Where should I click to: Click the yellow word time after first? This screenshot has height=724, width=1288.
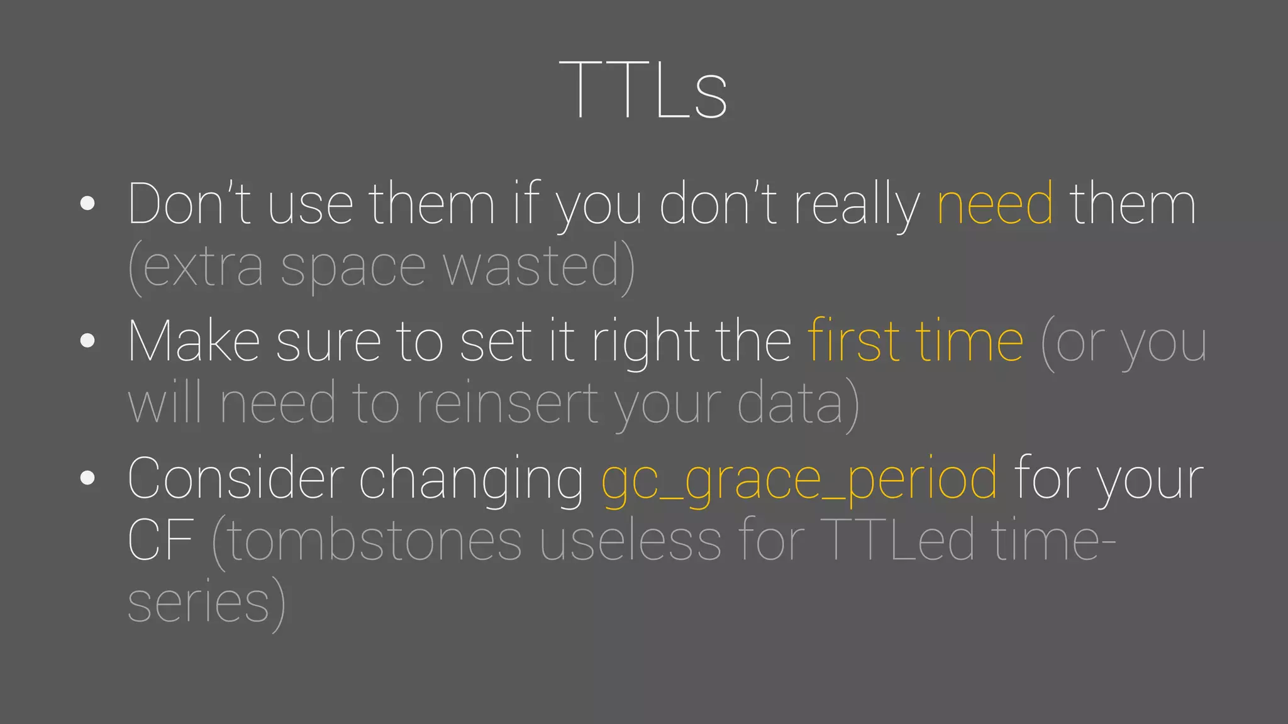click(969, 342)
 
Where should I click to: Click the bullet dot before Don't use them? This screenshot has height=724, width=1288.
click(87, 203)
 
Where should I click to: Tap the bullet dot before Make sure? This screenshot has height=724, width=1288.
click(87, 341)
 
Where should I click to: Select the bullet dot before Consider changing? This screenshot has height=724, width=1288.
click(87, 478)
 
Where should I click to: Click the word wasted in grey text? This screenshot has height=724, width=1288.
click(531, 267)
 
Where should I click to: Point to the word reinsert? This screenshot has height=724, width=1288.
click(507, 405)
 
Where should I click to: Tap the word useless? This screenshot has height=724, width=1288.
click(630, 542)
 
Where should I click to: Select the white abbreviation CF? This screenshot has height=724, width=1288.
click(160, 542)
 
